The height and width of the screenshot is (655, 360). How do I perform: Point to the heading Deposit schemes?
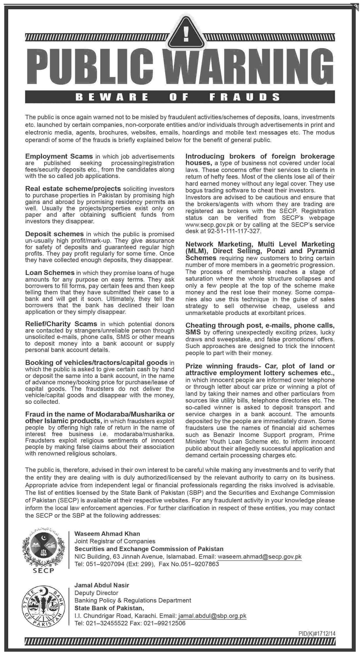pyautogui.click(x=55, y=234)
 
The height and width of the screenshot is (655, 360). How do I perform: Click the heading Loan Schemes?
pyautogui.click(x=50, y=273)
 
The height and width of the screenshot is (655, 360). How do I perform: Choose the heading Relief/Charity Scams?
pyautogui.click(x=61, y=324)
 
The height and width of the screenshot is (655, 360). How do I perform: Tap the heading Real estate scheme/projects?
pyautogui.click(x=73, y=189)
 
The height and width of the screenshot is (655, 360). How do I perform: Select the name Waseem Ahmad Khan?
pyautogui.click(x=107, y=534)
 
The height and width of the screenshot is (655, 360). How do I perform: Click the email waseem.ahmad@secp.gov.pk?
pyautogui.click(x=260, y=557)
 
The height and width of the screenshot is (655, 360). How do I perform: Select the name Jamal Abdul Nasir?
pyautogui.click(x=102, y=585)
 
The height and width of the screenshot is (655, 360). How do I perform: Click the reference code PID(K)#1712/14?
pyautogui.click(x=317, y=633)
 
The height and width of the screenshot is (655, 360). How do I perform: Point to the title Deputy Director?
pyautogui.click(x=96, y=593)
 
